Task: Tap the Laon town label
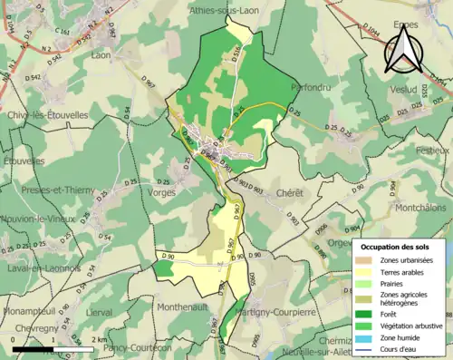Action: [101, 55]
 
